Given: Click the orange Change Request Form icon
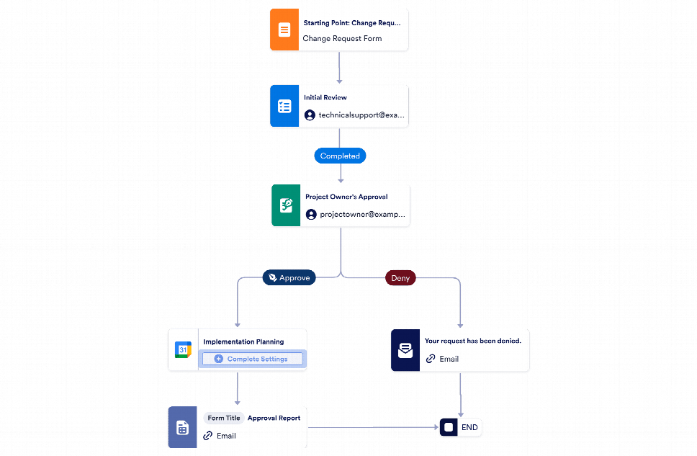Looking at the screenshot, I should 284,30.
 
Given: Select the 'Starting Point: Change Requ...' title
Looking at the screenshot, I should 352,23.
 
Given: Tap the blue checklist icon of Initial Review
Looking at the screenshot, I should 284,107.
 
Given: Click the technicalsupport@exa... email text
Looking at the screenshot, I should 362,115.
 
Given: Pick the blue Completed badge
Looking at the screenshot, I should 340,156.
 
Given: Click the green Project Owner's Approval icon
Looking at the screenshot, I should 286,206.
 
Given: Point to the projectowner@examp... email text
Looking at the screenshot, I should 363,215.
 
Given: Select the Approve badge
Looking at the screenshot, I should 289,278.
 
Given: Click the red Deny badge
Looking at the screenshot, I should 400,278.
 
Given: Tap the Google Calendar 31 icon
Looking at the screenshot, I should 183,350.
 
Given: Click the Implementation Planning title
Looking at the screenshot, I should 243,341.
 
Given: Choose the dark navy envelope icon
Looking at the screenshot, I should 405,351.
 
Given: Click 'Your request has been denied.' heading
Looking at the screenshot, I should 472,341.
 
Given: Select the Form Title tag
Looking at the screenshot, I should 223,418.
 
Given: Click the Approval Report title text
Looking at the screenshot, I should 274,418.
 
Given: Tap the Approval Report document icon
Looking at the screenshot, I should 182,428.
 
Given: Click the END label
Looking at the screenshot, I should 469,427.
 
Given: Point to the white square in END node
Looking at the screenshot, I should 449,427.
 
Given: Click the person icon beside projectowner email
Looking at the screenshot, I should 310,215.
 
